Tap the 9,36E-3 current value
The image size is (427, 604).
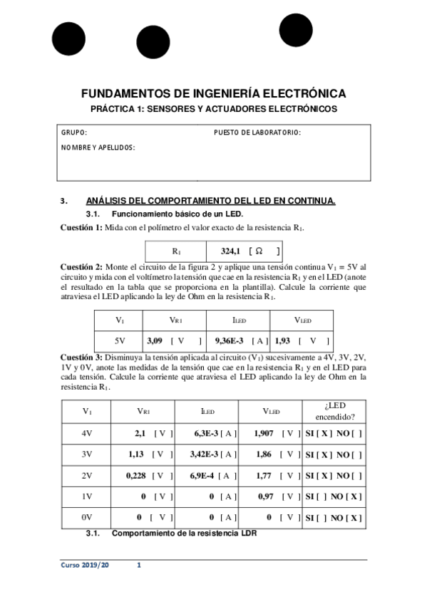point(230,341)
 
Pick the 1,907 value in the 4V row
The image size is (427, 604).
point(265,432)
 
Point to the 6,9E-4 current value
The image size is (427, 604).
point(205,475)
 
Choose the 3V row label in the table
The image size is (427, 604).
point(87,454)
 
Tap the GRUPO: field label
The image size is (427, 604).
point(74,133)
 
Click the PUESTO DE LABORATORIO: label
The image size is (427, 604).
point(257,133)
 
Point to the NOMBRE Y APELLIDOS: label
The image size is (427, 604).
point(98,147)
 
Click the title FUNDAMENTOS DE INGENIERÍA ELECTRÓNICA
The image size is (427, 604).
point(214,93)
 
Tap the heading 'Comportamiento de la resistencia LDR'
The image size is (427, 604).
point(184,533)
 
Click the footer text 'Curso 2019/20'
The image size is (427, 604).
point(85,566)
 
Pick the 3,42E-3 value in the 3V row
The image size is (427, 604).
point(205,454)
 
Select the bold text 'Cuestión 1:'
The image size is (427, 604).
point(81,227)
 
